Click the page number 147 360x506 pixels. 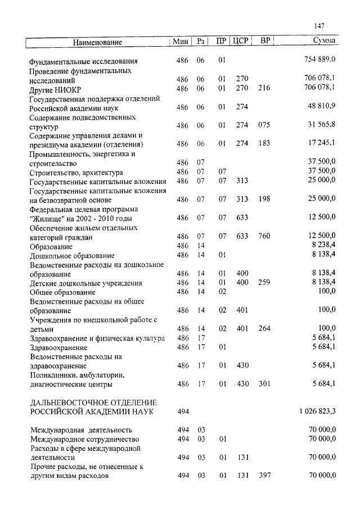(x=319, y=26)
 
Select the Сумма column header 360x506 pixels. (x=325, y=41)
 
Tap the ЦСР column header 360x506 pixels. (x=242, y=41)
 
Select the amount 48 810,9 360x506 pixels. (x=322, y=107)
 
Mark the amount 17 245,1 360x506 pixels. (x=322, y=144)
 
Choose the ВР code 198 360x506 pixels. (x=264, y=200)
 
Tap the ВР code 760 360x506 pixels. (x=264, y=236)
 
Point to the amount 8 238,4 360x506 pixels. (x=324, y=246)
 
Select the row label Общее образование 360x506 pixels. (x=62, y=292)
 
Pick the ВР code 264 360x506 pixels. (x=264, y=328)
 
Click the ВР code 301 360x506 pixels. (x=264, y=384)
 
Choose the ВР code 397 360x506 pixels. (x=264, y=476)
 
